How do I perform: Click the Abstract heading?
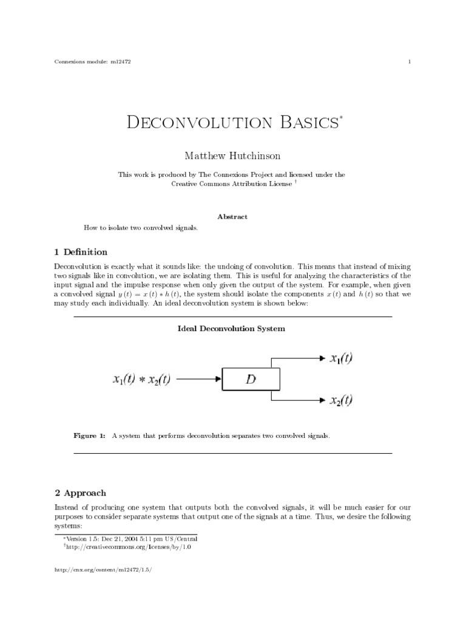tap(232, 217)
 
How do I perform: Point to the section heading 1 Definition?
tap(81, 251)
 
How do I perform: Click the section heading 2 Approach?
tap(80, 493)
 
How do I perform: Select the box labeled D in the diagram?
tap(251, 380)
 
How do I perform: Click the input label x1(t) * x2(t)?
tap(142, 380)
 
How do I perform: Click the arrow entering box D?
tap(198, 380)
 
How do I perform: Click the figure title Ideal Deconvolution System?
tap(231, 329)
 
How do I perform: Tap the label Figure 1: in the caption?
tap(89, 436)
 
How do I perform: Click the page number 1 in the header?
tap(410, 61)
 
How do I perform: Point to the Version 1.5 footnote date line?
tap(131, 538)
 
